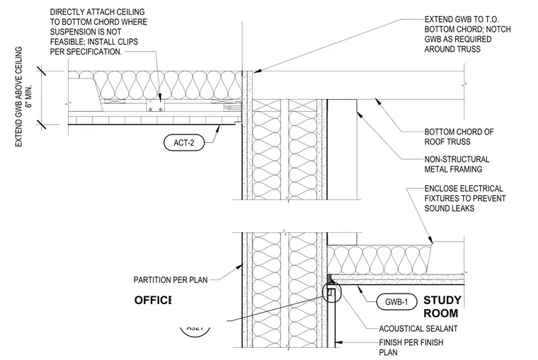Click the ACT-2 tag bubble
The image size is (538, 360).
click(x=184, y=143)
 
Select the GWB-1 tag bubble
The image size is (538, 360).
click(x=396, y=302)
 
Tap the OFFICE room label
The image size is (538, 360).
click(x=153, y=301)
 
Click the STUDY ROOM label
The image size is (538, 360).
click(x=442, y=307)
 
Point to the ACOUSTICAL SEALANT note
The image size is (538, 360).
click(x=418, y=329)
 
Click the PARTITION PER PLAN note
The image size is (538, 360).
click(x=171, y=280)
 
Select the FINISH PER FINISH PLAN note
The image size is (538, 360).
click(x=411, y=347)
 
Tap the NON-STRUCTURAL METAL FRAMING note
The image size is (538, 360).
click(x=457, y=164)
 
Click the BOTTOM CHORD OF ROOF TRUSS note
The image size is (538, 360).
click(x=459, y=137)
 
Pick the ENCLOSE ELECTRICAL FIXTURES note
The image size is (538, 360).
click(x=465, y=199)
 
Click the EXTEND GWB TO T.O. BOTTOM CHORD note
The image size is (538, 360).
click(x=467, y=34)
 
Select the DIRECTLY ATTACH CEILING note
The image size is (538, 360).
click(x=98, y=32)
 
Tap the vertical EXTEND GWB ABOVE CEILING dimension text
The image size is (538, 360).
click(x=23, y=97)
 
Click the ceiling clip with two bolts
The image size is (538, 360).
click(x=156, y=105)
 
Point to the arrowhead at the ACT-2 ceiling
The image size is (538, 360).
click(x=217, y=129)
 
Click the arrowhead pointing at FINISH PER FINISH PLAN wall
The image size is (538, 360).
click(x=338, y=342)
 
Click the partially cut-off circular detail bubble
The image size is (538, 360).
click(x=195, y=330)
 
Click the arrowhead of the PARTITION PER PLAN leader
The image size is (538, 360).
click(x=239, y=267)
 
